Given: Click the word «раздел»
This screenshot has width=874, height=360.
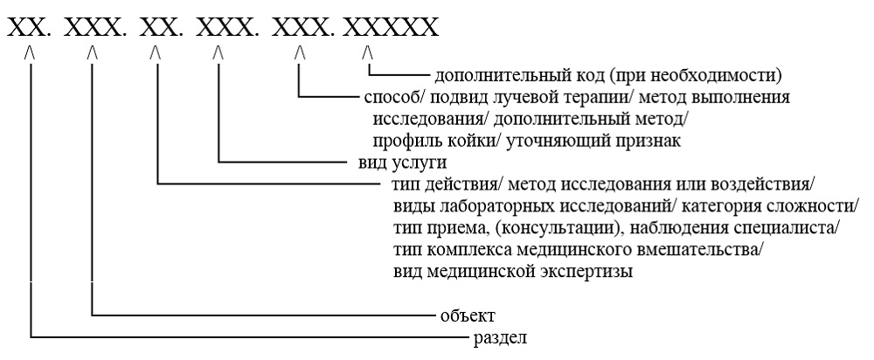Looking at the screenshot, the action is click(x=500, y=338).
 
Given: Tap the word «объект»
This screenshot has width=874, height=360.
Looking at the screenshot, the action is click(x=468, y=316).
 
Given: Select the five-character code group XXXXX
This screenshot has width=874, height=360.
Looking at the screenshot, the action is click(x=391, y=27).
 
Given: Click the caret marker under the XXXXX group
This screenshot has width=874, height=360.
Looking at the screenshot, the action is click(x=367, y=53).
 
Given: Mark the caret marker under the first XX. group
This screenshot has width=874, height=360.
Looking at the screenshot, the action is click(x=30, y=53).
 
